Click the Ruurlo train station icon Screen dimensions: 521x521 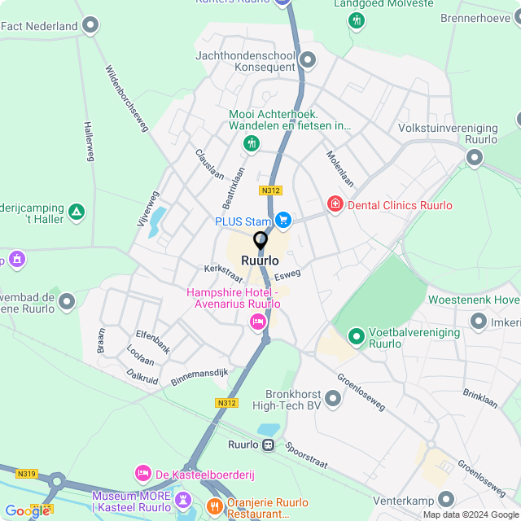click(267, 444)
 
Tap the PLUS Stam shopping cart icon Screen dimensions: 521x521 click(282, 220)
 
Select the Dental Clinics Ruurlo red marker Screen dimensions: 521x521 click(335, 204)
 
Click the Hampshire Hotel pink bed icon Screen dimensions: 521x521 click(258, 323)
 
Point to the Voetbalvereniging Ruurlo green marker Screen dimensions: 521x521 click(356, 335)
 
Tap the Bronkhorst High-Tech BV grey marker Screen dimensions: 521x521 click(333, 398)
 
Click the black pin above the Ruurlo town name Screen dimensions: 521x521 click(260, 242)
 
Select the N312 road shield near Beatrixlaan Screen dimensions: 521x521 click(270, 190)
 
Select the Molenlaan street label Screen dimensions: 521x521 click(340, 169)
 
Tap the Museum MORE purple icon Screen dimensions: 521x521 click(182, 497)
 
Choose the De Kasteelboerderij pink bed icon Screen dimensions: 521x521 click(143, 473)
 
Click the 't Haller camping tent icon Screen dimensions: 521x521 click(76, 212)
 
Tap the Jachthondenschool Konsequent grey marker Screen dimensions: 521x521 click(308, 59)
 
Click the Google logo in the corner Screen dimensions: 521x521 click(26, 511)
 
